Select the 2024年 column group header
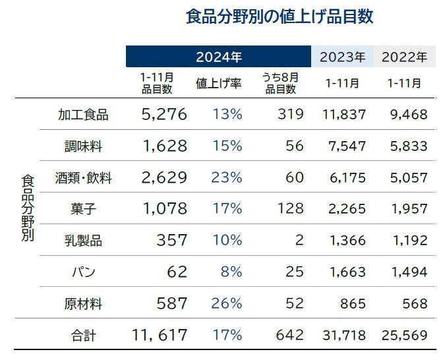click(x=218, y=57)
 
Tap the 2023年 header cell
click(x=342, y=57)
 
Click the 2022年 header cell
click(x=404, y=57)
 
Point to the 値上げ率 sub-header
click(x=218, y=84)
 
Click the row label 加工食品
click(x=84, y=115)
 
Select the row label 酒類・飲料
click(x=84, y=177)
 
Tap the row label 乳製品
click(x=84, y=240)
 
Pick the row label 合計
click(x=84, y=336)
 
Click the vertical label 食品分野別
click(x=27, y=208)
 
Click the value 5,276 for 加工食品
click(x=164, y=115)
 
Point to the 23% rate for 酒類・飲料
click(x=227, y=177)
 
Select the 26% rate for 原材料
click(x=227, y=303)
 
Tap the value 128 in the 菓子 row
click(x=290, y=209)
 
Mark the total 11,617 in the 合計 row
click(x=160, y=336)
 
